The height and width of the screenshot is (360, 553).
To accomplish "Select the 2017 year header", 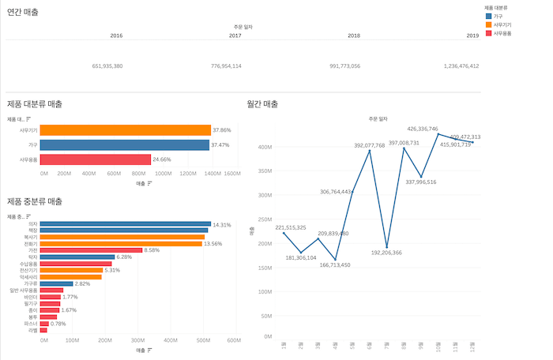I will [x=235, y=36].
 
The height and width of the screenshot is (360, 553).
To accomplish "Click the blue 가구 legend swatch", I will [x=490, y=16].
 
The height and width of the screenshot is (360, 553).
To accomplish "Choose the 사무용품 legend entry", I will [x=505, y=33].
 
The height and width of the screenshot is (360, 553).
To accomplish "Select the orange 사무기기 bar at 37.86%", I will [x=125, y=130].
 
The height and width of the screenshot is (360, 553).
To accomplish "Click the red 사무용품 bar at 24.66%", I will [x=95, y=159].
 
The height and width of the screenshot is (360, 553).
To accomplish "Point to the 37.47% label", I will [x=220, y=145].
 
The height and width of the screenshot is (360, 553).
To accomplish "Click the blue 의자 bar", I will [x=125, y=224].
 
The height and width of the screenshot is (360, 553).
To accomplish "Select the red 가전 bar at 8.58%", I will [x=91, y=250].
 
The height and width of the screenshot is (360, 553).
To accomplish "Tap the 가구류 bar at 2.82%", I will [x=56, y=283].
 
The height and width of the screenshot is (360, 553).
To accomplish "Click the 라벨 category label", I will [x=32, y=330].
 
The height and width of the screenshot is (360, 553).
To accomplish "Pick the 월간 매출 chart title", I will [x=263, y=104].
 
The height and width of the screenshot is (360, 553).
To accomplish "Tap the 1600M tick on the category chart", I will [x=231, y=173].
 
